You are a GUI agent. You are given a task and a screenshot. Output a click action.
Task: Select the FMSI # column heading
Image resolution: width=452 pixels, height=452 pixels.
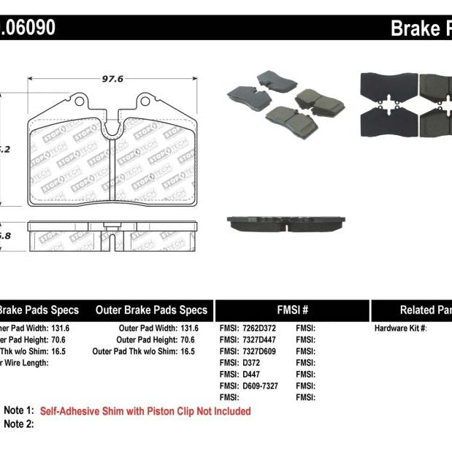pyautogui.click(x=292, y=310)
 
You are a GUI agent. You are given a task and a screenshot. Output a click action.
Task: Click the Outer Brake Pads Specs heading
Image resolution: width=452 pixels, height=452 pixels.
pyautogui.click(x=152, y=310)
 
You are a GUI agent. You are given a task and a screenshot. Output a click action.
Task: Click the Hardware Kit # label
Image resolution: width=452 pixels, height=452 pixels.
pyautogui.click(x=400, y=329)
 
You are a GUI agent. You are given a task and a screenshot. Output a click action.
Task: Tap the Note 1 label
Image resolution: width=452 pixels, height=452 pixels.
pyautogui.click(x=18, y=411)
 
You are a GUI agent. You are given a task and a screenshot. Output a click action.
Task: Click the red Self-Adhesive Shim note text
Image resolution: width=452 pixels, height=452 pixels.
pyautogui.click(x=145, y=411)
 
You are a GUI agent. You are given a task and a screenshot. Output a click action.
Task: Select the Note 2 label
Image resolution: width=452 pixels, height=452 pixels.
pyautogui.click(x=18, y=424)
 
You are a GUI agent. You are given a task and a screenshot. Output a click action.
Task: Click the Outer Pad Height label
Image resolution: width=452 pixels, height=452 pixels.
pyautogui.click(x=147, y=340)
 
